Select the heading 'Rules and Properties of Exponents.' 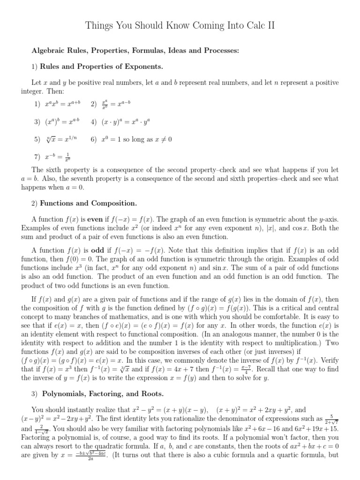pyautogui.click(x=102, y=66)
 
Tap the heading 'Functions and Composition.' pyautogui.click(x=89, y=203)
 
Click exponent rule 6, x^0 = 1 pyautogui.click(x=136, y=139)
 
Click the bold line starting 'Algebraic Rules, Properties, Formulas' pyautogui.click(x=135, y=50)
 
